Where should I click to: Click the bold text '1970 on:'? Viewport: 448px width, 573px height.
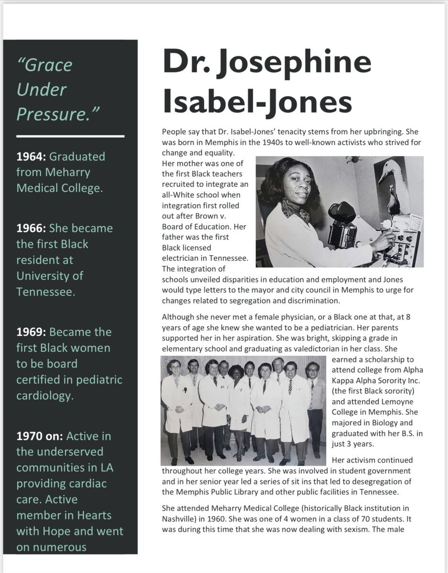(40, 436)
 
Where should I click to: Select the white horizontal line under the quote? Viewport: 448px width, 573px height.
(70, 136)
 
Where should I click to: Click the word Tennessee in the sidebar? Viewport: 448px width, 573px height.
(45, 292)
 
